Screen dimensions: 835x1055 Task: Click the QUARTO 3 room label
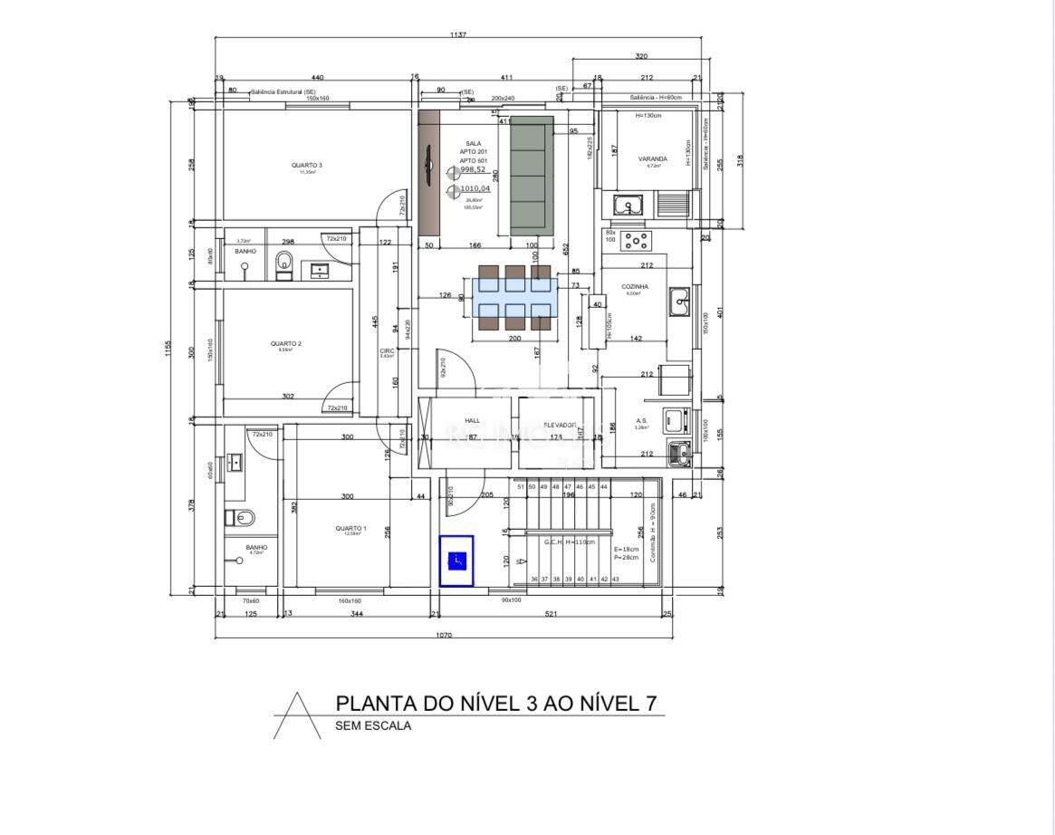306,165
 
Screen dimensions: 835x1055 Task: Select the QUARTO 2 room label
285,343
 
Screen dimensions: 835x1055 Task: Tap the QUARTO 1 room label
350,528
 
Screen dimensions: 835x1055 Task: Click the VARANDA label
652,158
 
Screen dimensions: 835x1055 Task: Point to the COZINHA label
635,286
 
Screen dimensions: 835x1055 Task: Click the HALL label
472,420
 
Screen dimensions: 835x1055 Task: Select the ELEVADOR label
560,425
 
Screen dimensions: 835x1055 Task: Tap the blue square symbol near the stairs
456,561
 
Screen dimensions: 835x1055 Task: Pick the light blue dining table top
514,296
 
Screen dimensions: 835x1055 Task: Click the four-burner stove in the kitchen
637,241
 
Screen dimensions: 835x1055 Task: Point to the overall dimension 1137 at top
458,35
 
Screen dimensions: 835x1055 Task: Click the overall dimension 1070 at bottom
443,635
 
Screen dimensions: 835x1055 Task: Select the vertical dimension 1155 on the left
168,348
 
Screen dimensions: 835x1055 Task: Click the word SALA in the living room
473,143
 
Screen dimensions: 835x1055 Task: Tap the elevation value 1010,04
475,188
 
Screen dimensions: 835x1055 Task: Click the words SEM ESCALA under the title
373,725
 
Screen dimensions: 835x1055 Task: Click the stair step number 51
521,487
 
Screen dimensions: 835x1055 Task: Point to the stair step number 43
616,579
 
